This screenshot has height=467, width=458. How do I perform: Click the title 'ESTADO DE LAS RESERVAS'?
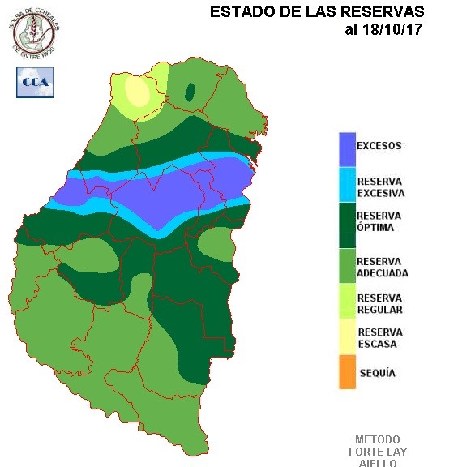(316, 12)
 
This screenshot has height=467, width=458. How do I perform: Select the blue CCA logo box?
(34, 82)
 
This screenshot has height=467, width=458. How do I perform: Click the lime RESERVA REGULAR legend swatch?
(347, 303)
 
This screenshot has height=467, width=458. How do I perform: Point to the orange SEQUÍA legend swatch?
(347, 373)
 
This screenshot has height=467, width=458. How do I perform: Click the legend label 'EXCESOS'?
(379, 146)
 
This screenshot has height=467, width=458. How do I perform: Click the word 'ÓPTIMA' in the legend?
(375, 228)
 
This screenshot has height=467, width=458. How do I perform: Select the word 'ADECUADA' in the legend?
(382, 273)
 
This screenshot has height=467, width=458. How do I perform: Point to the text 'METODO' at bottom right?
(378, 439)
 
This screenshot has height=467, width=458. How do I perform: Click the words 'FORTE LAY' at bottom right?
(378, 452)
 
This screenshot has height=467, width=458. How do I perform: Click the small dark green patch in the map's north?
(190, 92)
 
